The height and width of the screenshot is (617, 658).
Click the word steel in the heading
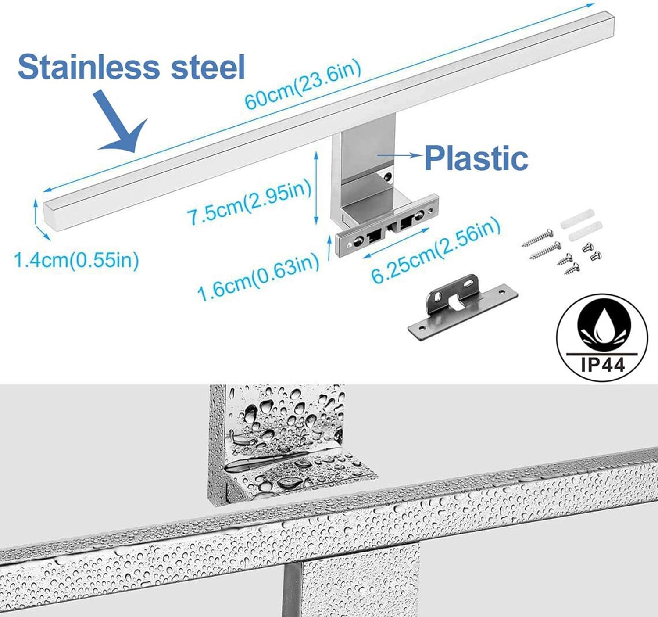tap(208, 67)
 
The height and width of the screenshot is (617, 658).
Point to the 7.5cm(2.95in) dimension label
tap(250, 201)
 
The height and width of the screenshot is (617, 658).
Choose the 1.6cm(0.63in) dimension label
tap(258, 277)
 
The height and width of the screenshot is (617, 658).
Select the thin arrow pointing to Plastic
tap(399, 155)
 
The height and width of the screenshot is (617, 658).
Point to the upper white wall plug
tap(577, 218)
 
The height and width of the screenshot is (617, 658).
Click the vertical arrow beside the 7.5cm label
tap(316, 187)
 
